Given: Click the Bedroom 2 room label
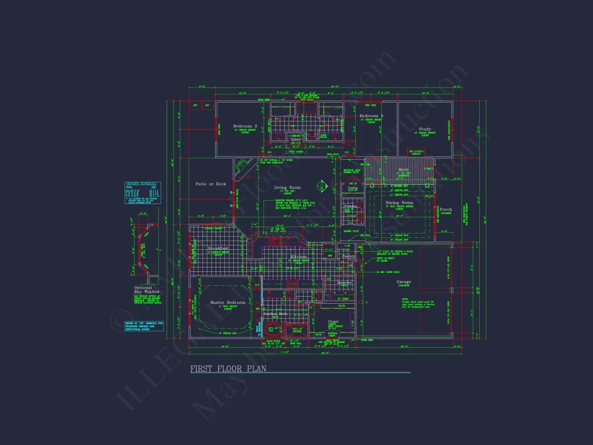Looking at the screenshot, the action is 245,126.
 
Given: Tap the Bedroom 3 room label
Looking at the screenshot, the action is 371,116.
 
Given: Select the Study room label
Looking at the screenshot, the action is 425,129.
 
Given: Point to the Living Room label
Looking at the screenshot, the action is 287,188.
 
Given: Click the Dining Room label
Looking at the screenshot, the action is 399,203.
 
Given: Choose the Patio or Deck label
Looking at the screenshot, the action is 211,184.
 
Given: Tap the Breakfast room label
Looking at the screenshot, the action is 218,248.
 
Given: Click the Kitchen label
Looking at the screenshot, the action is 298,257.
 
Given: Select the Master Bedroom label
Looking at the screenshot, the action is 227,303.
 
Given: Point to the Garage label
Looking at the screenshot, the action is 404,282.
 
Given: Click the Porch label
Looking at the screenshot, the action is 446,209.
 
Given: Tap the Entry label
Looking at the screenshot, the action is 403,170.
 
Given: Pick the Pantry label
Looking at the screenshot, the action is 348,256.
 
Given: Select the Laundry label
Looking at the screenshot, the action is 344,283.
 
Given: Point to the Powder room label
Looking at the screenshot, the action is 350,206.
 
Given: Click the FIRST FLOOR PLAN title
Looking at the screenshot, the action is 228,369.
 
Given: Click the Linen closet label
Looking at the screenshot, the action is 296,140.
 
